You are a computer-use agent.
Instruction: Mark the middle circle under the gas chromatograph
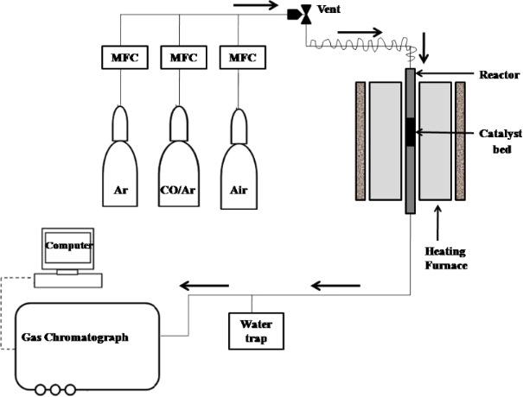(56, 389)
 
